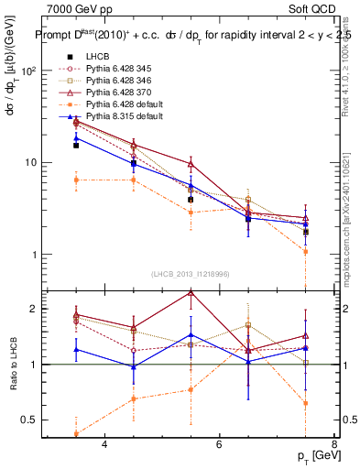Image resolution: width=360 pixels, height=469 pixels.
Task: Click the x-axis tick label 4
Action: tap(104, 444)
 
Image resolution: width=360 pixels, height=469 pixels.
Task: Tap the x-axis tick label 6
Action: tap(219, 444)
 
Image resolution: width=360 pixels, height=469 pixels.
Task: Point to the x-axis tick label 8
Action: tap(333, 444)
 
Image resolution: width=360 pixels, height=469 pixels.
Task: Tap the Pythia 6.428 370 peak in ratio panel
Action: tap(191, 292)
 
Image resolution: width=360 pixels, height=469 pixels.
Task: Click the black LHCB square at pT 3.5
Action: tap(76, 145)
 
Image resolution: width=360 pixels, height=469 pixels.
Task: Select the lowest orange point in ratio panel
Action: tap(76, 434)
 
